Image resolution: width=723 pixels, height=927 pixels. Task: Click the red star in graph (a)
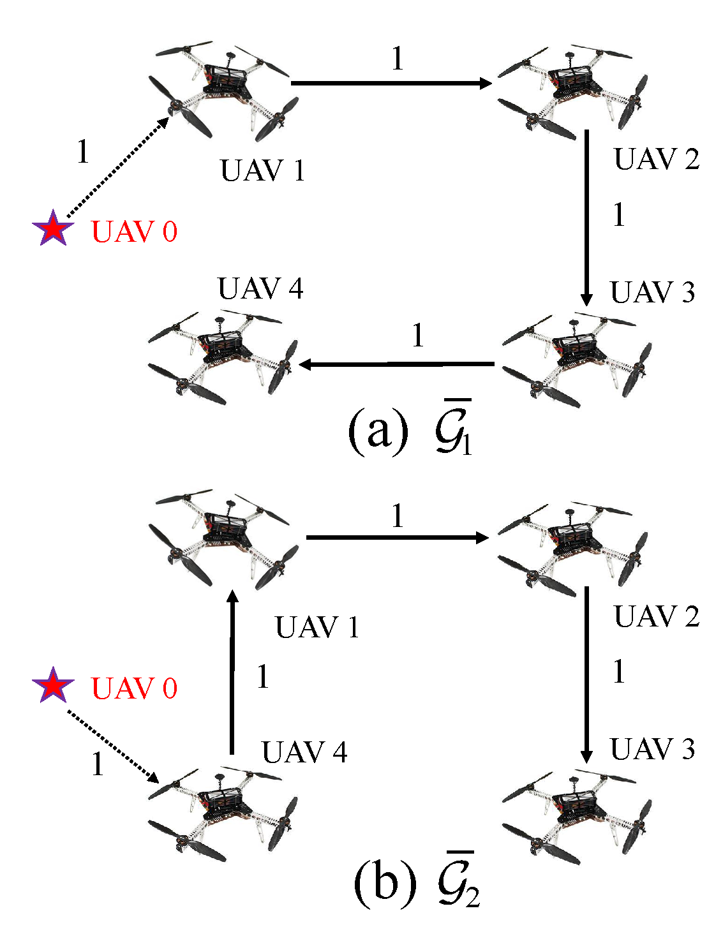click(54, 229)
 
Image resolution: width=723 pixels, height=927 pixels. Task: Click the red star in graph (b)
click(54, 686)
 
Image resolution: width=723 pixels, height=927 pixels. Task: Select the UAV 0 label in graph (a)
click(134, 231)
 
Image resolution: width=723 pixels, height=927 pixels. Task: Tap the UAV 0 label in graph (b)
click(134, 688)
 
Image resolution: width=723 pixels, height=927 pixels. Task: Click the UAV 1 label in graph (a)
click(262, 171)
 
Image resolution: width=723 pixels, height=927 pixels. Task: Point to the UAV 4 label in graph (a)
click(260, 289)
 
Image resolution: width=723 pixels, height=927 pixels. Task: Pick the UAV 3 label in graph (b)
click(652, 749)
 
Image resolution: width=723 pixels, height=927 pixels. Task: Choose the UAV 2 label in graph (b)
click(657, 616)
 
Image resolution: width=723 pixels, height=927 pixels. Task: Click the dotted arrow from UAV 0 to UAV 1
click(117, 167)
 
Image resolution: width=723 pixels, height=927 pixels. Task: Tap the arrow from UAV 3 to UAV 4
click(396, 364)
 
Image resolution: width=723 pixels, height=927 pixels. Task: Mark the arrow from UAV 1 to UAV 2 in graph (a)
click(391, 83)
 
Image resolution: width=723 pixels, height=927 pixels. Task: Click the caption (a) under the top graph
click(378, 433)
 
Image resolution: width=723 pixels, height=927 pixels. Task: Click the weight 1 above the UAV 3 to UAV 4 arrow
click(418, 336)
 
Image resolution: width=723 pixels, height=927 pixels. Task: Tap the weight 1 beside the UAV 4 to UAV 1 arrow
click(263, 677)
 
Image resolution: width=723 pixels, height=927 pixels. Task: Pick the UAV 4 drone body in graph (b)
click(220, 813)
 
